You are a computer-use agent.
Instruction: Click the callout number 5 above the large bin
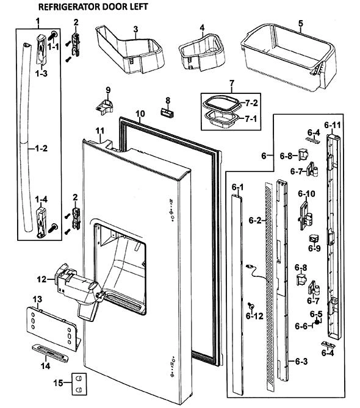pos(301,23)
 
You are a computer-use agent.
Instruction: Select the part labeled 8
pos(167,113)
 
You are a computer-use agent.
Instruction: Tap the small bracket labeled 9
pos(105,106)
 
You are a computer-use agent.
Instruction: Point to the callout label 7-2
pos(251,103)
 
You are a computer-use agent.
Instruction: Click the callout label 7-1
pos(251,119)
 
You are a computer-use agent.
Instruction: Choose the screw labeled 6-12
pos(251,306)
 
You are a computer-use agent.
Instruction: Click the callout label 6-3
pos(301,361)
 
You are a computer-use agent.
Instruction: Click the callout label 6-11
pos(333,125)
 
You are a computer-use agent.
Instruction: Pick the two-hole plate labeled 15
pos(79,384)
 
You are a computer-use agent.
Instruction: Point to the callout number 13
pos(37,299)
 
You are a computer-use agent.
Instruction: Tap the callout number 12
pos(41,279)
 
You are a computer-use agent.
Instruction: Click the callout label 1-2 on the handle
pos(41,148)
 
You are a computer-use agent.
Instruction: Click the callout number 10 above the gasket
pos(140,113)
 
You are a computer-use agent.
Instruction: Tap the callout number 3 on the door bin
pos(135,29)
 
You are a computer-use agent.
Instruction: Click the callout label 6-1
pos(237,187)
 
